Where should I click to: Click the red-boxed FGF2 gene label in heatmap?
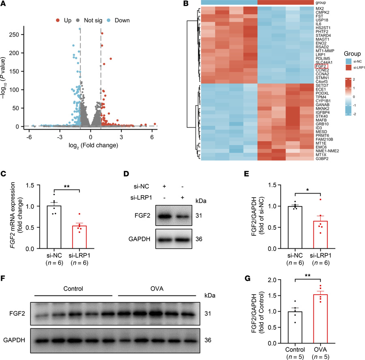click(x=320, y=66)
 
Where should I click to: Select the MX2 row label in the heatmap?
click(x=319, y=9)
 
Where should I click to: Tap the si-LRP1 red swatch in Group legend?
click(x=338, y=67)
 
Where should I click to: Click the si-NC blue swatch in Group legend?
click(x=338, y=60)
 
